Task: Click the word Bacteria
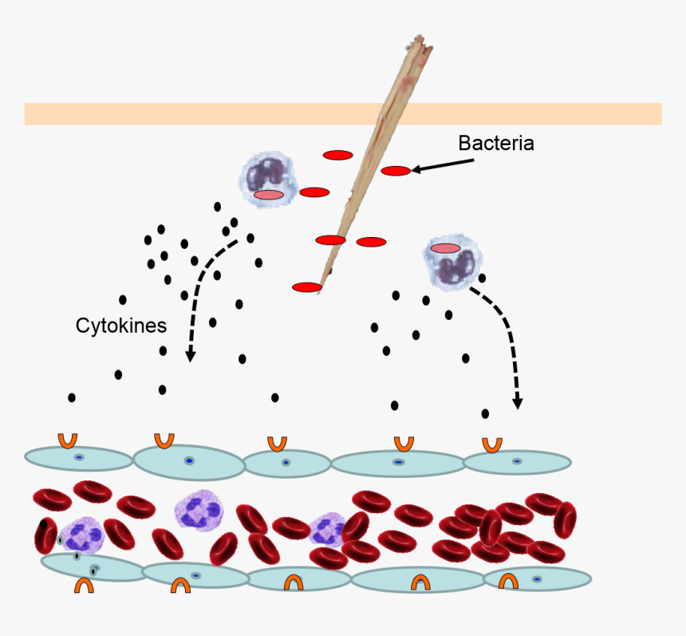pos(495,144)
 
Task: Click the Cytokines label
pos(121,326)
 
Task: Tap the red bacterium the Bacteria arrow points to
pos(396,171)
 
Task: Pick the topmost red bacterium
pos(338,155)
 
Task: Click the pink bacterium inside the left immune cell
pos(269,195)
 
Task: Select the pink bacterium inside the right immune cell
pos(445,248)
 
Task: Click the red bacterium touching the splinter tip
pos(307,287)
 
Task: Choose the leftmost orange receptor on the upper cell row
pos(68,440)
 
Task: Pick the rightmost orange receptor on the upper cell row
pos(492,444)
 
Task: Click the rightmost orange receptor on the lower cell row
pos(508,583)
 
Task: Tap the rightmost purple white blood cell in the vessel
pos(327,529)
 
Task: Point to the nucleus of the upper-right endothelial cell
pos(517,461)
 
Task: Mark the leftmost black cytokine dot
pos(72,397)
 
